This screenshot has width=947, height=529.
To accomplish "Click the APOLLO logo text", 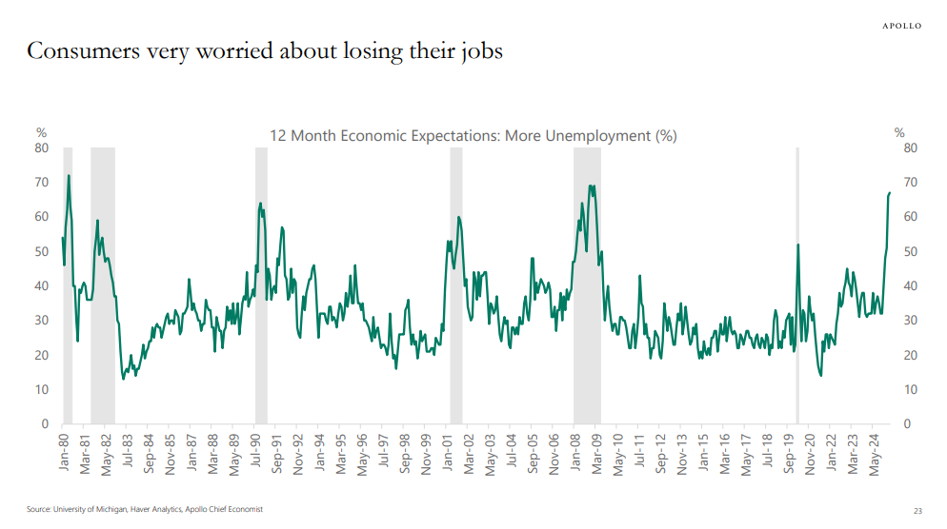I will [899, 26].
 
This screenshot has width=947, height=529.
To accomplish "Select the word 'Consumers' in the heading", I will [79, 50].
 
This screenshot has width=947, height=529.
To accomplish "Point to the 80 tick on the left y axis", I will [42, 148].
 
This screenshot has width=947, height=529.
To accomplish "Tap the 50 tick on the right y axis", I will [910, 252].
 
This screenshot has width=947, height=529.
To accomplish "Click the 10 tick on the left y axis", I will [42, 390].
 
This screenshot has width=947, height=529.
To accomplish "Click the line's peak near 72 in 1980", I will [69, 176].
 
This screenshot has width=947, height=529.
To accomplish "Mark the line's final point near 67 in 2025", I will [890, 193].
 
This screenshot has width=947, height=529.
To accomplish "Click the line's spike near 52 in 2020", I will [797, 245].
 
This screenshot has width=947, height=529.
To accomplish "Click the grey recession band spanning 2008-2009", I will [587, 285].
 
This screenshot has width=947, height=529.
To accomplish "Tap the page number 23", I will [917, 510].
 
